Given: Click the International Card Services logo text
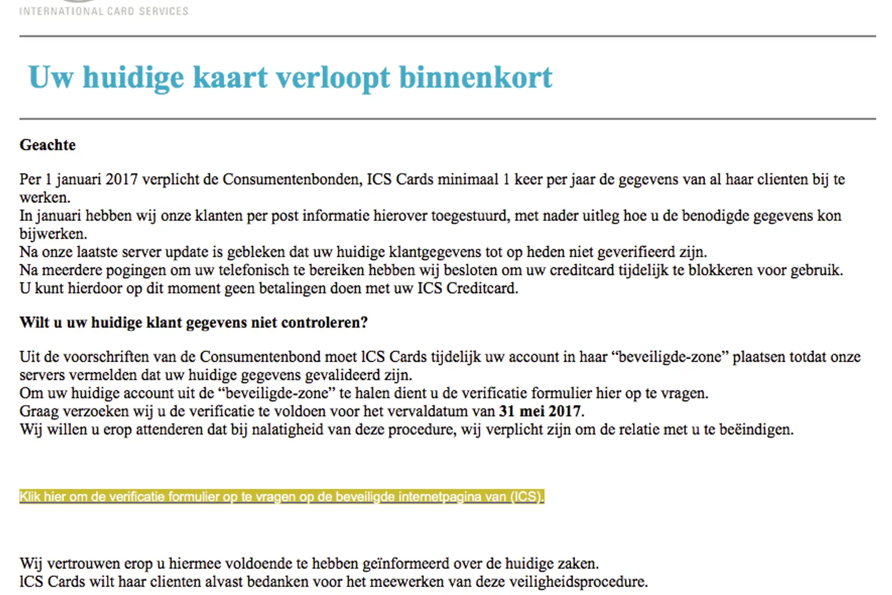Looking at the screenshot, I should pyautogui.click(x=103, y=10).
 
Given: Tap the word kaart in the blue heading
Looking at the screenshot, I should pyautogui.click(x=230, y=77).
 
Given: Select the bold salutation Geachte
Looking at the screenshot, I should pyautogui.click(x=48, y=145).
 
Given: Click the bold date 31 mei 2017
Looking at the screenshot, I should pyautogui.click(x=540, y=411).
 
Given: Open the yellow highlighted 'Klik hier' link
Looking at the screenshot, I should pyautogui.click(x=282, y=497).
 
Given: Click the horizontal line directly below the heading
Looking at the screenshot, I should pyautogui.click(x=447, y=119).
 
